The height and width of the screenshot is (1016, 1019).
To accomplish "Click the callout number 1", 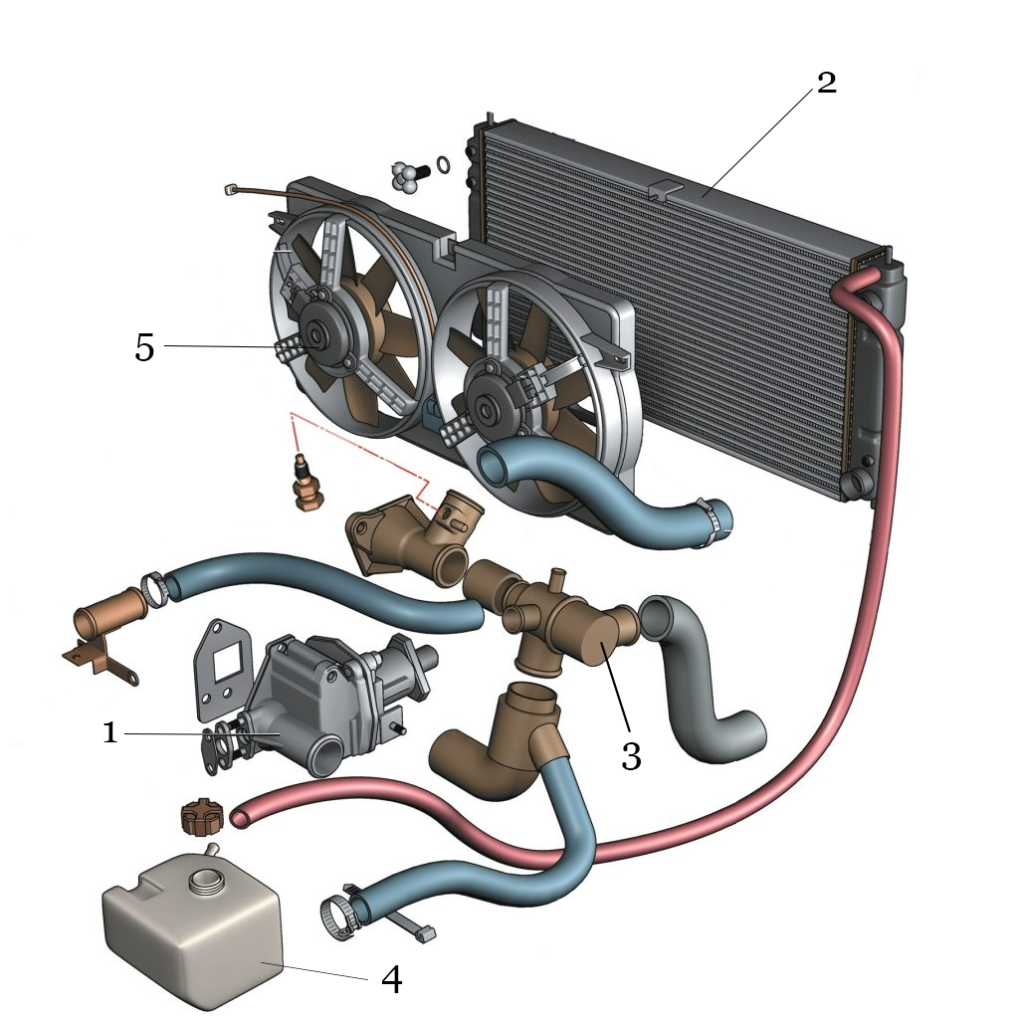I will pos(110,733).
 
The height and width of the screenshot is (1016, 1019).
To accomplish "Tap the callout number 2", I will pos(825,84).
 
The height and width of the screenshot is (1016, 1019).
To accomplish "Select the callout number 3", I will pos(631,756).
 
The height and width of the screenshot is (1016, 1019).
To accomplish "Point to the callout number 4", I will pos(392,979).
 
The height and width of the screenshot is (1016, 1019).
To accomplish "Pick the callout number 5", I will pos(145,347).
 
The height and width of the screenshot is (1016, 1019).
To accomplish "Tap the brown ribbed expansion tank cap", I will pos(201,818).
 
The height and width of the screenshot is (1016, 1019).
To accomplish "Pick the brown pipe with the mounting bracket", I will pos(104,621).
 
